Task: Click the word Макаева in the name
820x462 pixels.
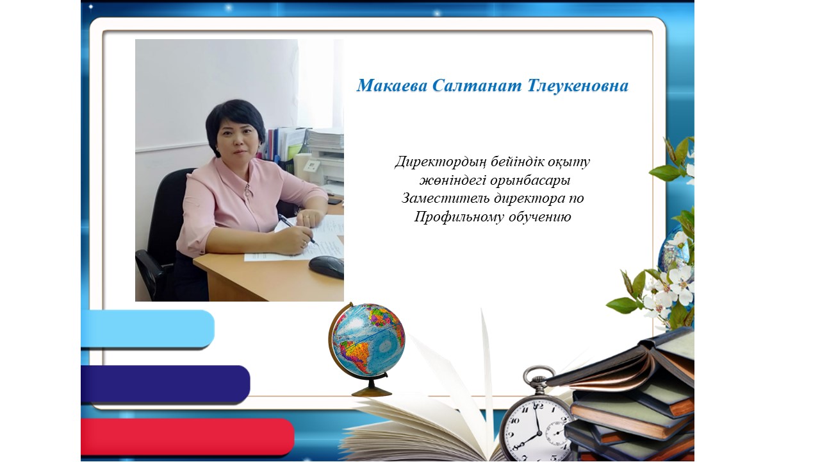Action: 392,86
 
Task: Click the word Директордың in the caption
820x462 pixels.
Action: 441,162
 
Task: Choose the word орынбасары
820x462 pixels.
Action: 530,181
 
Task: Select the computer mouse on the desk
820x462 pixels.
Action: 326,266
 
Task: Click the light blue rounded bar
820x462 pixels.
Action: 147,329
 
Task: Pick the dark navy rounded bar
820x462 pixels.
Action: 165,384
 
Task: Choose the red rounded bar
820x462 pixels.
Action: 188,437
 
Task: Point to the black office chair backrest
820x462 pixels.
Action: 173,212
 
